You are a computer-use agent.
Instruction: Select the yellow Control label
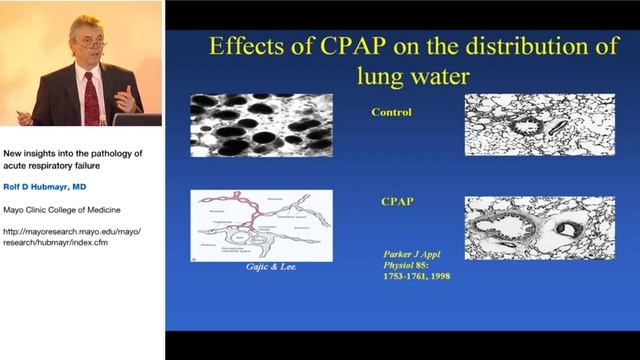tap(392, 111)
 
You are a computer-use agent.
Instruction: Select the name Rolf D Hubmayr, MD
tap(54, 186)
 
